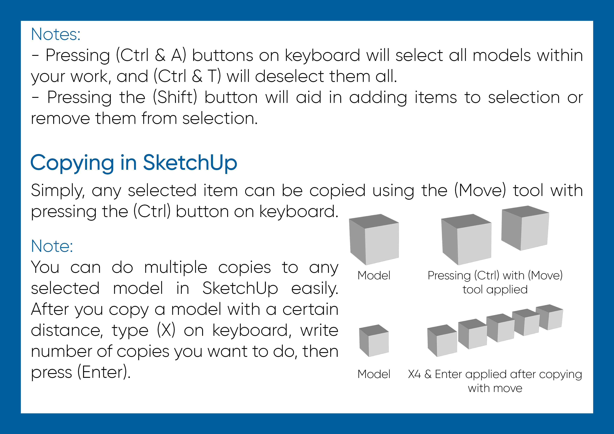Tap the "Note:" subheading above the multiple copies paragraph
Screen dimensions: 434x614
pyautogui.click(x=52, y=246)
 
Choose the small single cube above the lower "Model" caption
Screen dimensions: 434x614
pyautogui.click(x=374, y=341)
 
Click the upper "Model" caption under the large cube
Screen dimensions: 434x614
pyautogui.click(x=374, y=275)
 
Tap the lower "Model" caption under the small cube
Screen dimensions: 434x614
pyautogui.click(x=374, y=374)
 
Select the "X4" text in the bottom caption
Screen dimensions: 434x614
pyautogui.click(x=414, y=374)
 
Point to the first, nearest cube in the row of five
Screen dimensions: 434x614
pyautogui.click(x=442, y=341)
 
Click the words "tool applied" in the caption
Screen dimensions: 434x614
pyautogui.click(x=495, y=290)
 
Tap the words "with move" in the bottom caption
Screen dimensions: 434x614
pyautogui.click(x=495, y=388)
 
